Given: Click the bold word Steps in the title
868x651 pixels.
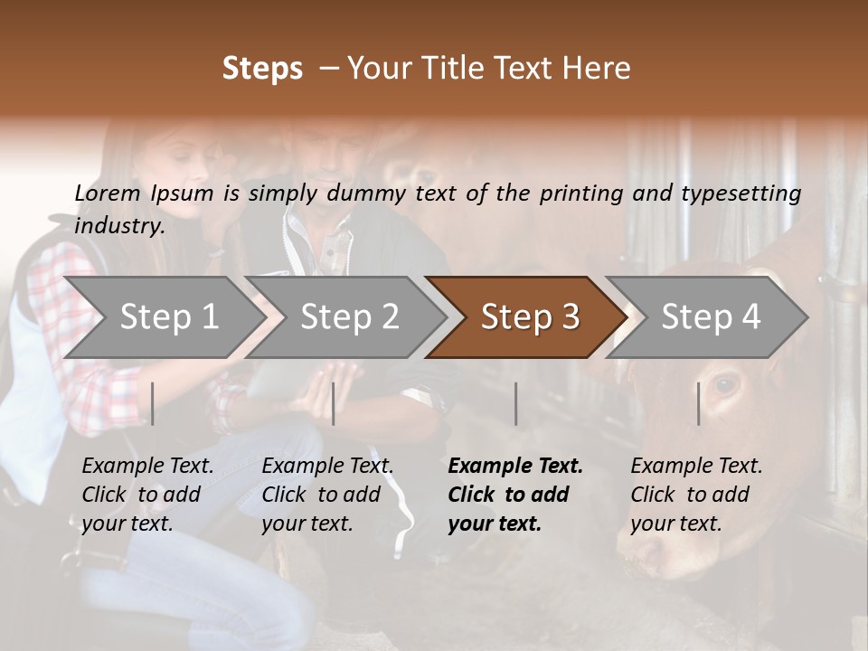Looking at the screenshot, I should [262, 69].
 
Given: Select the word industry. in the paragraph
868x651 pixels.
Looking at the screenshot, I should [120, 226].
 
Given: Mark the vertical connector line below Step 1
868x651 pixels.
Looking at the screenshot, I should [153, 403].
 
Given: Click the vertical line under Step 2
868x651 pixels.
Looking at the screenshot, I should [334, 403].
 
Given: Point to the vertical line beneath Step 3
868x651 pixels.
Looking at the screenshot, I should [515, 403].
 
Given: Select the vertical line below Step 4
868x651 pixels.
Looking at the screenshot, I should [698, 403].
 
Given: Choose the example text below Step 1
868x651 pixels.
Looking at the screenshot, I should [147, 495].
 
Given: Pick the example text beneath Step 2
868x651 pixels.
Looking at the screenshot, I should [327, 495].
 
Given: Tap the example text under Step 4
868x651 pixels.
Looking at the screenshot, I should [696, 495].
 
